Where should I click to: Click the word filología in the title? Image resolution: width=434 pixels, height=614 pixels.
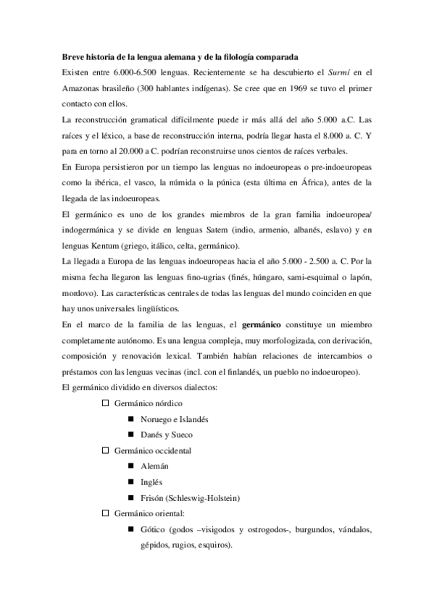[x=243, y=56]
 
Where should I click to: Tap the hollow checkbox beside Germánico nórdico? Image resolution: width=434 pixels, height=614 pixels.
[x=105, y=403]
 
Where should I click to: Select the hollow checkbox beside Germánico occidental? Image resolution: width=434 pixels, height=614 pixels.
[x=105, y=450]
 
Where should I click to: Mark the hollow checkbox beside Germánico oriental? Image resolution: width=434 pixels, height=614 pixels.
[x=105, y=513]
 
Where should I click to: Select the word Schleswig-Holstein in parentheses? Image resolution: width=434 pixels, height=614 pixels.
[x=204, y=498]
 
